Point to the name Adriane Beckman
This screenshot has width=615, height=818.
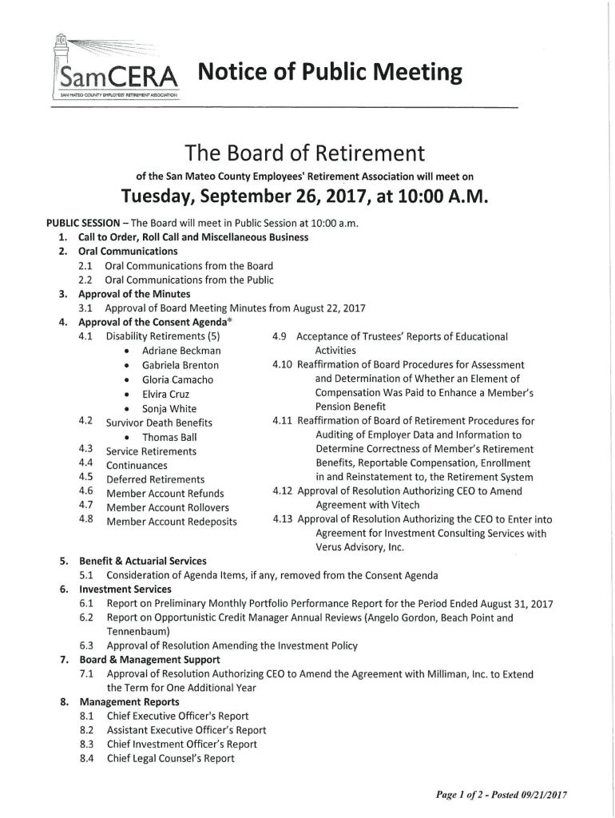(181, 351)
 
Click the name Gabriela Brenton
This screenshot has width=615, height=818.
(180, 365)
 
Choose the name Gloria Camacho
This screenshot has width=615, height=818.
(177, 379)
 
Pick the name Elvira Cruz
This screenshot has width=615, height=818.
(165, 394)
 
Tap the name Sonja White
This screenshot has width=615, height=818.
(169, 408)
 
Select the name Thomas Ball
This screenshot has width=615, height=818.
(169, 437)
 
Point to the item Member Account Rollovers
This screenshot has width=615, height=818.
(167, 507)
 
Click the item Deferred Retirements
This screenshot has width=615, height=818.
(155, 478)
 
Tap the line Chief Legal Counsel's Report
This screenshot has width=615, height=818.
(171, 758)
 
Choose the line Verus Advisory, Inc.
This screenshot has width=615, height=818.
(360, 547)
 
